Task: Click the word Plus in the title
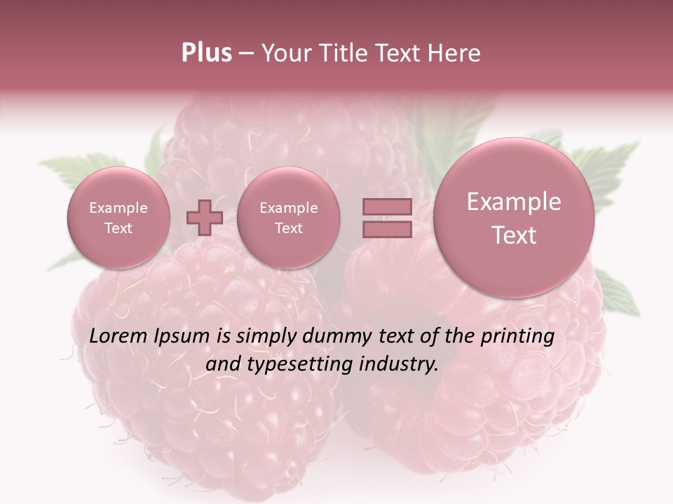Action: coord(206,53)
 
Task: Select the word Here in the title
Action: coord(456,53)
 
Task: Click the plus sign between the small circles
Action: coord(205,218)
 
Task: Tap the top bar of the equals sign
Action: coord(387,206)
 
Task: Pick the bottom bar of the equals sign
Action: coord(387,229)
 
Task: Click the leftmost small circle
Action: coord(118,218)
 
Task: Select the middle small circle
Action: coord(288,218)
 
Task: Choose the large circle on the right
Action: coord(514,218)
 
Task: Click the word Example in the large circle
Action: coord(514,202)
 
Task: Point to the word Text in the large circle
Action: coord(514,235)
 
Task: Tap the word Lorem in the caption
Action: coord(119,336)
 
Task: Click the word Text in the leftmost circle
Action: coord(118,228)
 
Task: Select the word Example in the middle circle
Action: coord(288,208)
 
